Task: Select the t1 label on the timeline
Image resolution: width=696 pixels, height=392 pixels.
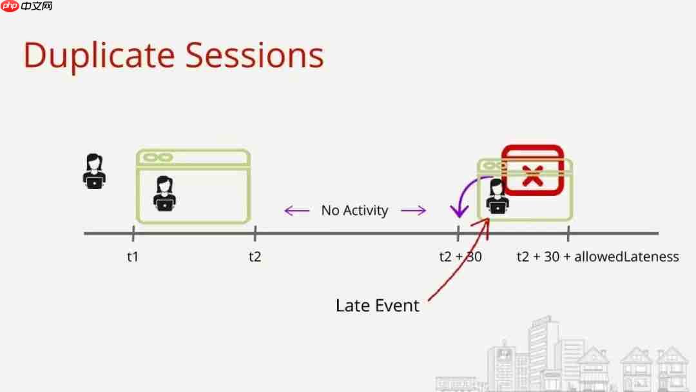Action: coord(133,257)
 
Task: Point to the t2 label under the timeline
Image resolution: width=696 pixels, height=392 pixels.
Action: coord(255,257)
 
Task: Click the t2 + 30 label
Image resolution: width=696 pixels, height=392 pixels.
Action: coord(460,257)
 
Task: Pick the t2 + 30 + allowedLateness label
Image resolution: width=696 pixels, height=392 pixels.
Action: coord(597,257)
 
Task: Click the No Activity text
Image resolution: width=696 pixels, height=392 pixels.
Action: coord(355,210)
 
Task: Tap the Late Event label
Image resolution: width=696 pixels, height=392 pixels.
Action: coord(378,305)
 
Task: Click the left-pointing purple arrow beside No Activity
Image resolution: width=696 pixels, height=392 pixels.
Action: coord(297,210)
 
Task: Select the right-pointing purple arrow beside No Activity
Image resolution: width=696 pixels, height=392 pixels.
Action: coord(413,210)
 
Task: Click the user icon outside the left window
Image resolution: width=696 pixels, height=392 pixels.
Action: coord(95,171)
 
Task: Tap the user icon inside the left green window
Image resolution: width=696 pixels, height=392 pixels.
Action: coord(164,193)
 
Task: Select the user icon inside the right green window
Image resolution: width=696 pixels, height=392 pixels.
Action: coord(498,197)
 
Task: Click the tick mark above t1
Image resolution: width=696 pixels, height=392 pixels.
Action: coord(133,233)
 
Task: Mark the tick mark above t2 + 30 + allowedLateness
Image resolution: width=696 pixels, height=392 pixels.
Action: coord(568,233)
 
